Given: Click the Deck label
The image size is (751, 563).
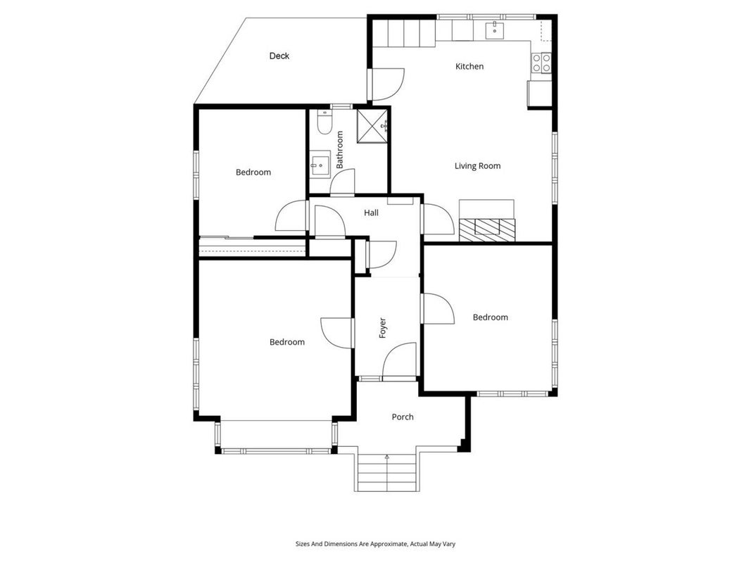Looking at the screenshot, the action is (x=279, y=56).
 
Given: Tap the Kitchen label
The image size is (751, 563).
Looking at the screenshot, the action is (x=469, y=67).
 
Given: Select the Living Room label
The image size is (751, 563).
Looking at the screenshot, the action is (x=477, y=166).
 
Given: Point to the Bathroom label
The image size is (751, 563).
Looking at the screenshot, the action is (x=340, y=150).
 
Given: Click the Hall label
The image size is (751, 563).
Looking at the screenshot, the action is (x=371, y=213).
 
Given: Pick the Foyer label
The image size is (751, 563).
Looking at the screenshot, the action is (x=383, y=328).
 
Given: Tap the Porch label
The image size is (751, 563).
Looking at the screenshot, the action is (x=403, y=417).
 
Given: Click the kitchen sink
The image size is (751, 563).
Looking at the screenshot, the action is (x=494, y=30).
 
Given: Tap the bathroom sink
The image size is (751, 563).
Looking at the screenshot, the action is (x=320, y=165).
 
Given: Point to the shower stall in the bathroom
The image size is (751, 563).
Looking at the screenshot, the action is (x=372, y=126).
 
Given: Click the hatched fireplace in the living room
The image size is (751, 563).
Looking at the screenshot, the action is (x=487, y=230).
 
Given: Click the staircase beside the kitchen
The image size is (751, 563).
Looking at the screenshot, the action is (x=404, y=32).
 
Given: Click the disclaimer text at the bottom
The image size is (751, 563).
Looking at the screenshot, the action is (x=375, y=544).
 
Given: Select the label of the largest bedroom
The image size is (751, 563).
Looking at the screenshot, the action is (x=287, y=342).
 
